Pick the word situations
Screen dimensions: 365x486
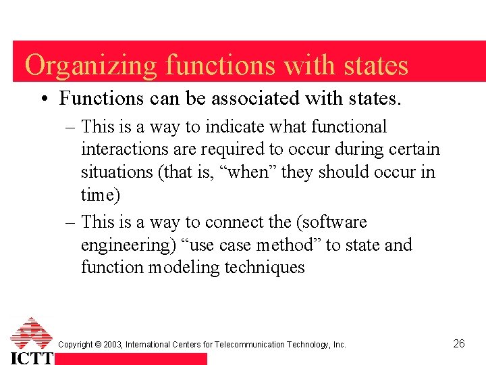point(117,172)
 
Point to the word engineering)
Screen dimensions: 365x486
point(126,245)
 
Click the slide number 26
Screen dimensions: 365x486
point(459,344)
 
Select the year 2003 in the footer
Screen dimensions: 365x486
point(111,345)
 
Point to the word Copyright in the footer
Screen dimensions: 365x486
point(76,345)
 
